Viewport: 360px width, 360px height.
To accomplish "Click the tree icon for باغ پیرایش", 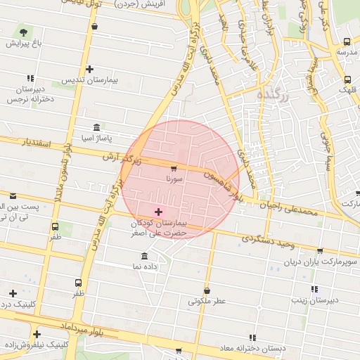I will pos(25,32).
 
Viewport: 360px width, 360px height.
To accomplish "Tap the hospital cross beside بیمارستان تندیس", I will pos(89,69).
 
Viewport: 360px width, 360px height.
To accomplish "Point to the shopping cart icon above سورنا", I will pos(174,168).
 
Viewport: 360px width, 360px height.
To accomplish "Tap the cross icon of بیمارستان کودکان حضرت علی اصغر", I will pos(157,212).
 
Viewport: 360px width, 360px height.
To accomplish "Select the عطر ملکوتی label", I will pos(207,301).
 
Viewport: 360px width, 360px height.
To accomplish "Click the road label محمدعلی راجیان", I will pos(289,208).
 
